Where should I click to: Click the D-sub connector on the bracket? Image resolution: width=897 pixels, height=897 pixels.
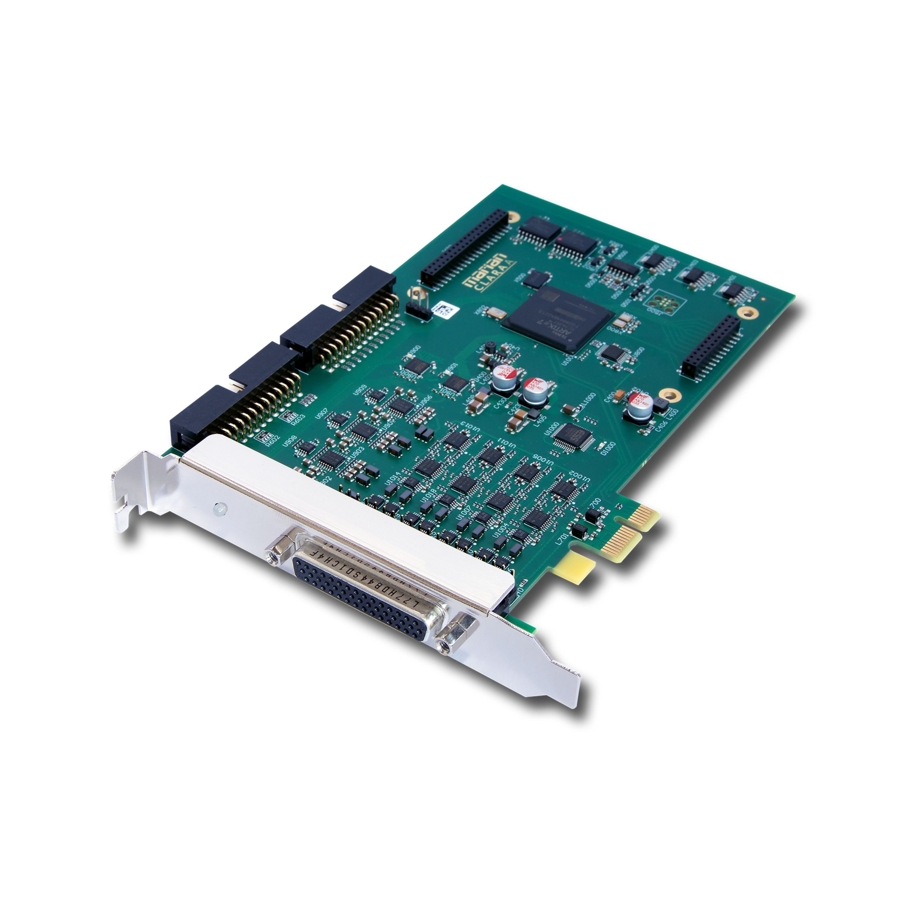(371, 590)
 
